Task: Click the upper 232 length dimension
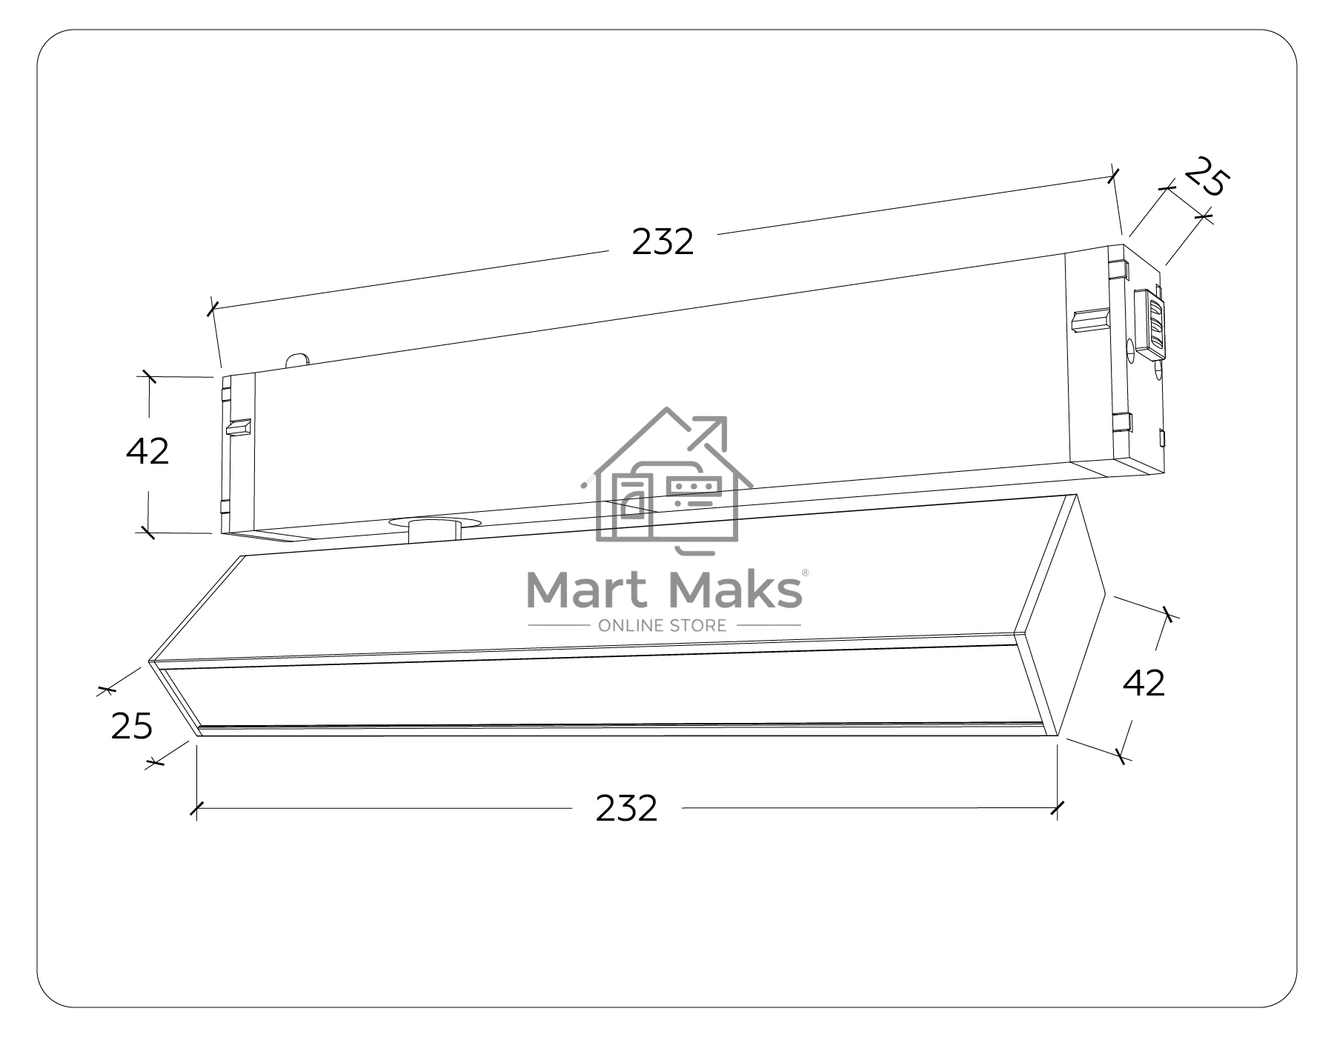point(663,242)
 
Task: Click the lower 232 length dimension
point(626,808)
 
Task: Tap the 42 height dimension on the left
point(147,451)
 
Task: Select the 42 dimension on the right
point(1144,683)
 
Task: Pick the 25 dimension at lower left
point(132,726)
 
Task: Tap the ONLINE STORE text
point(663,626)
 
